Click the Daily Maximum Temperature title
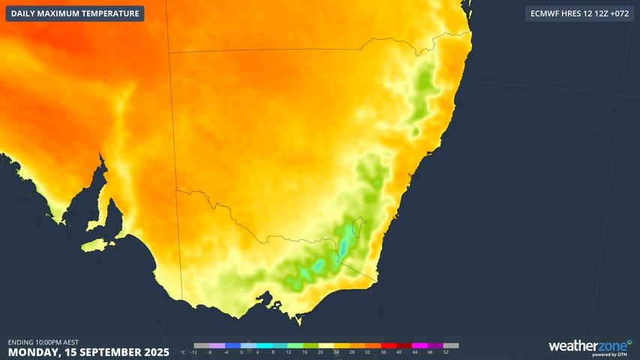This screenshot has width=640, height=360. [x=75, y=13]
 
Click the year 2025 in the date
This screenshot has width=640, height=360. [x=155, y=352]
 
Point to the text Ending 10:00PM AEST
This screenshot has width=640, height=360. [x=43, y=342]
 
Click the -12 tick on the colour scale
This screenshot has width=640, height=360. [x=194, y=352]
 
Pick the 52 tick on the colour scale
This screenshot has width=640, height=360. [x=446, y=352]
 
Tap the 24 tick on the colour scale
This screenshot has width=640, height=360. [x=336, y=352]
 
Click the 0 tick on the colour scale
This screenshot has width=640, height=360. [x=242, y=352]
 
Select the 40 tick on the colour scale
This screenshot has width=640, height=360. [x=399, y=352]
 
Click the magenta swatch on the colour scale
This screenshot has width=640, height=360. [x=419, y=346]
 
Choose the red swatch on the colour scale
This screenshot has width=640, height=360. [x=388, y=346]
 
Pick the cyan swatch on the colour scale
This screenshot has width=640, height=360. [x=263, y=346]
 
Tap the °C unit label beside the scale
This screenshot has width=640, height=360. [x=185, y=352]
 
